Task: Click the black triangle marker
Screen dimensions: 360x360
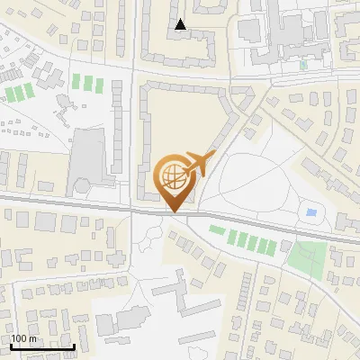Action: pos(181,24)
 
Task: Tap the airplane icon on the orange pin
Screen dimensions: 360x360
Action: pos(197,166)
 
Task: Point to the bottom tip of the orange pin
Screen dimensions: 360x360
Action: pos(174,211)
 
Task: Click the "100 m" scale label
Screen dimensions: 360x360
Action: pos(24,338)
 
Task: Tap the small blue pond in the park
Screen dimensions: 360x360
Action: pos(311,212)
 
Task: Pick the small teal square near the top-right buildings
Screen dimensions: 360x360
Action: pos(303,64)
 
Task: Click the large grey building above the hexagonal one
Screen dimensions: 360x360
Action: pos(89,153)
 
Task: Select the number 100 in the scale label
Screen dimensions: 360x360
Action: pos(19,338)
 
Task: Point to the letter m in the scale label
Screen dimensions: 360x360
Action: pos(32,338)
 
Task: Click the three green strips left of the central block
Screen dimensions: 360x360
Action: pos(87,83)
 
